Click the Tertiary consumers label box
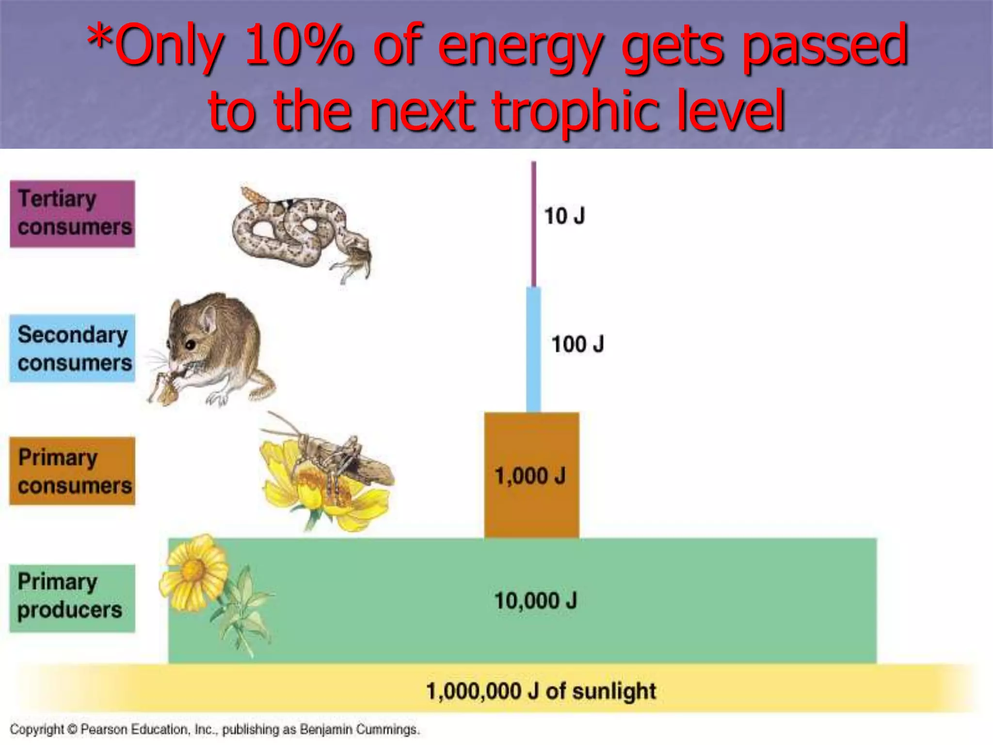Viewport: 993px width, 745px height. tap(72, 214)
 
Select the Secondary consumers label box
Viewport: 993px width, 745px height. tap(72, 348)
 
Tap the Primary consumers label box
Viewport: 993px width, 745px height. tap(72, 471)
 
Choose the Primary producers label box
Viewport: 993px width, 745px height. tap(72, 598)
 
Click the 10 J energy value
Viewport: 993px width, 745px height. tap(564, 216)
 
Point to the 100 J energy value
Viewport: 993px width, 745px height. tap(577, 344)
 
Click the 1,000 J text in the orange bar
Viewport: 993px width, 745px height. tap(530, 476)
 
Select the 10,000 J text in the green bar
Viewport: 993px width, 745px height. tap(535, 601)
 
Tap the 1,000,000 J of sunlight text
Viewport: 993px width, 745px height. tap(541, 691)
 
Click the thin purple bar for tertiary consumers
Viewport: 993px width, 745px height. tap(533, 223)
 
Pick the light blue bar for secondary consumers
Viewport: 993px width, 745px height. tap(533, 349)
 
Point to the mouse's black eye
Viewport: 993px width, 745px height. tap(191, 345)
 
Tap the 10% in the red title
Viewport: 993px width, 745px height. tap(298, 46)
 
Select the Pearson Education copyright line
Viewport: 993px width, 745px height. tap(214, 729)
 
